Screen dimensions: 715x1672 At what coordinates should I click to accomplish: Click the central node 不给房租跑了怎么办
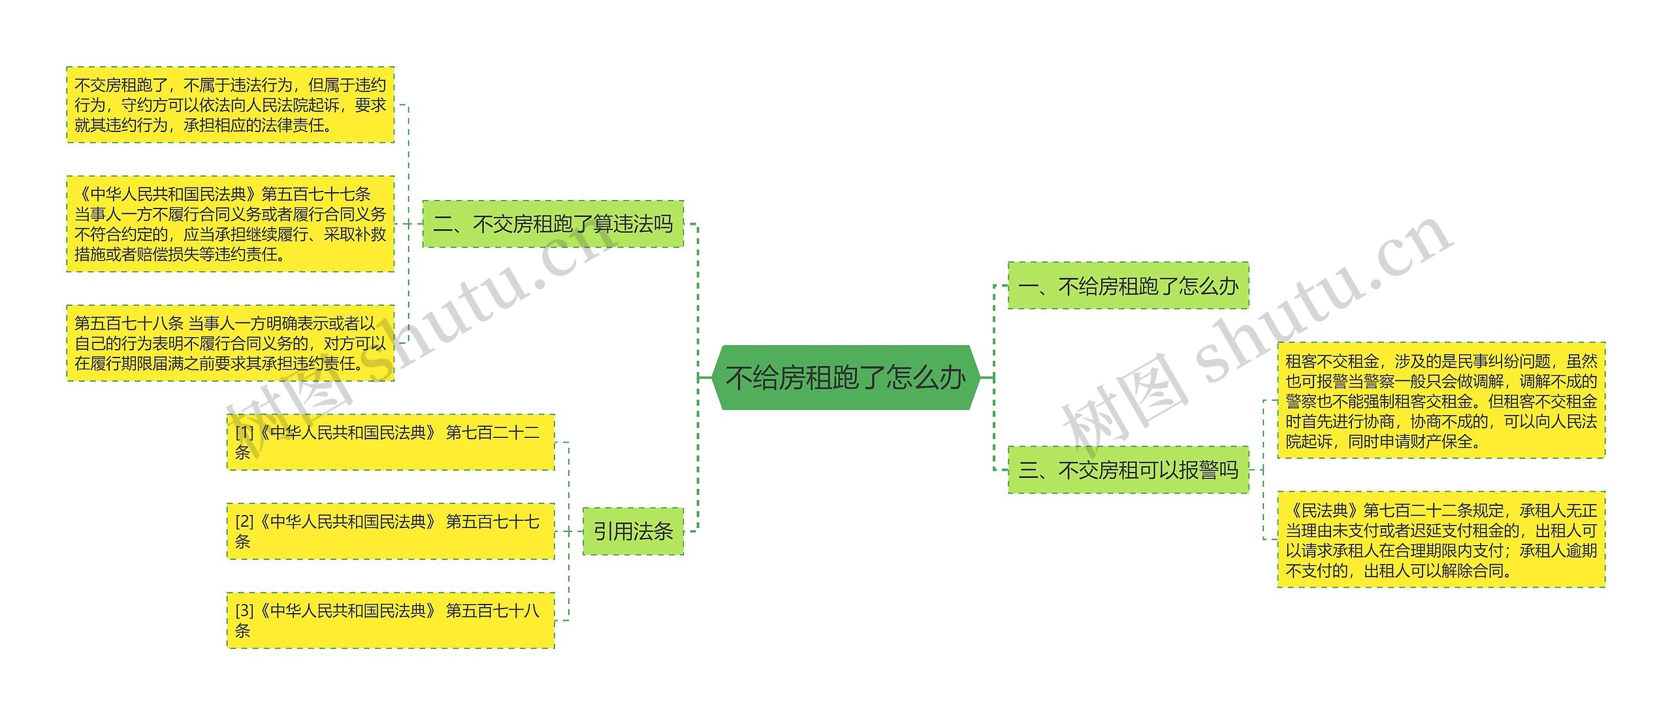point(845,378)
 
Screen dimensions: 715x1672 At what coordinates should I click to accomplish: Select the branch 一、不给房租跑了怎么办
point(1128,286)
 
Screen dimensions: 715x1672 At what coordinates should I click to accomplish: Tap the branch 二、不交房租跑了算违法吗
point(553,224)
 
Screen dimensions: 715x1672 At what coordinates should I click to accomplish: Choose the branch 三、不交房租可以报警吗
point(1128,470)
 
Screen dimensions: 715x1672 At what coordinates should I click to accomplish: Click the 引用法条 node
point(633,531)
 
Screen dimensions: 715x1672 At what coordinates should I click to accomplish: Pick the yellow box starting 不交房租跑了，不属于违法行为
point(230,105)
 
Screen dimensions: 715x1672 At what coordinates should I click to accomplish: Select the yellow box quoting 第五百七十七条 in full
point(230,224)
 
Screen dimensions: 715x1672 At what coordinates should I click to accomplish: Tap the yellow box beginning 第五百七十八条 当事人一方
point(230,343)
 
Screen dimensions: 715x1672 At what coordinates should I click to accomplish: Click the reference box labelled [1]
point(390,442)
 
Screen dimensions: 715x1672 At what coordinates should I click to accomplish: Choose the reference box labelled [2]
point(390,531)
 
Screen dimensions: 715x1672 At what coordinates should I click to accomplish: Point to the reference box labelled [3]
point(390,620)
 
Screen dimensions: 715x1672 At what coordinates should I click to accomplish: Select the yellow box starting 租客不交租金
point(1441,401)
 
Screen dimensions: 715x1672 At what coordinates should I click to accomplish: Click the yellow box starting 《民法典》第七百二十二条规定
point(1441,540)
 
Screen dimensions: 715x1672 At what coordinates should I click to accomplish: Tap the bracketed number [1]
point(244,433)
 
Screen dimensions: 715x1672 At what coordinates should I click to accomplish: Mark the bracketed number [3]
point(244,611)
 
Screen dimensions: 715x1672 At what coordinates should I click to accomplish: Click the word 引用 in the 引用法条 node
point(613,531)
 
